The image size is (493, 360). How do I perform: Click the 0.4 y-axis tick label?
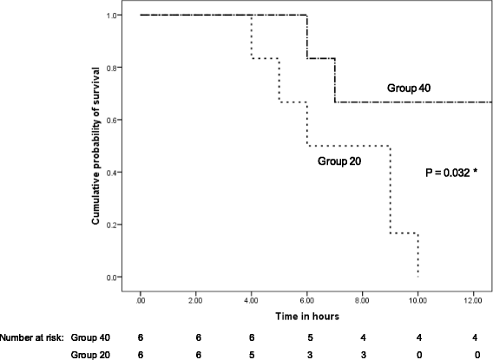pyautogui.click(x=125, y=173)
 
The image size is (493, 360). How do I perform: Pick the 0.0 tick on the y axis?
pyautogui.click(x=125, y=278)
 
